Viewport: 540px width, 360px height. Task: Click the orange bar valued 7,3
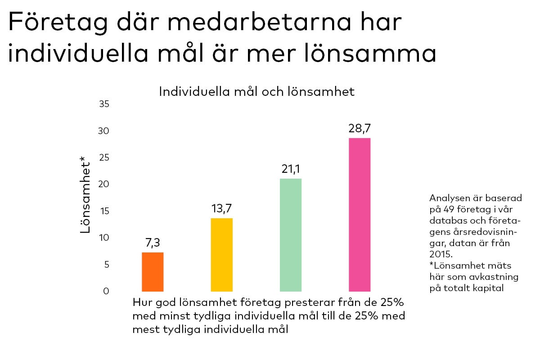point(153,272)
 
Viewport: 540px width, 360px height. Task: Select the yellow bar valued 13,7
point(221,255)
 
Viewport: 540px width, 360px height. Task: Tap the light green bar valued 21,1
point(291,235)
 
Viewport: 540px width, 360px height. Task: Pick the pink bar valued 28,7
point(360,215)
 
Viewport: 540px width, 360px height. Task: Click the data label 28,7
point(360,128)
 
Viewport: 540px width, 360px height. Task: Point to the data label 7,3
point(153,243)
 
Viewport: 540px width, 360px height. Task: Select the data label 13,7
point(221,209)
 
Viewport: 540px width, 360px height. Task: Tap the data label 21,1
point(291,169)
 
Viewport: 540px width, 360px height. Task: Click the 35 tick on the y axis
point(104,104)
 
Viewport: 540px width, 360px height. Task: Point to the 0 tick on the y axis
point(106,291)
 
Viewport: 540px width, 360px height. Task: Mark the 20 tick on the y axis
point(104,184)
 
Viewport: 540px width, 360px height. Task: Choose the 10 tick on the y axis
point(104,238)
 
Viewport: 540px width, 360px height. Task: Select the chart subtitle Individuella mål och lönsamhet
point(257,92)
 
